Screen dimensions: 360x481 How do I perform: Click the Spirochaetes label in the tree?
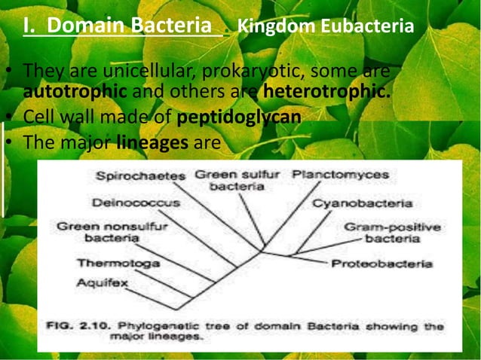tap(140, 176)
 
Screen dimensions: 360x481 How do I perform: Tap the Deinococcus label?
tap(136, 203)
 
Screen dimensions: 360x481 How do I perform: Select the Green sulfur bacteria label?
tap(237, 180)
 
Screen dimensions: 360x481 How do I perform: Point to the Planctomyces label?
tap(340, 175)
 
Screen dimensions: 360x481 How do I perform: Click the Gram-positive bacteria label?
tap(392, 232)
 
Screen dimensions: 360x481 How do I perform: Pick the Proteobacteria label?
tap(381, 264)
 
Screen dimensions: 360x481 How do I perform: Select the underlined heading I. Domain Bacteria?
tap(118, 27)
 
